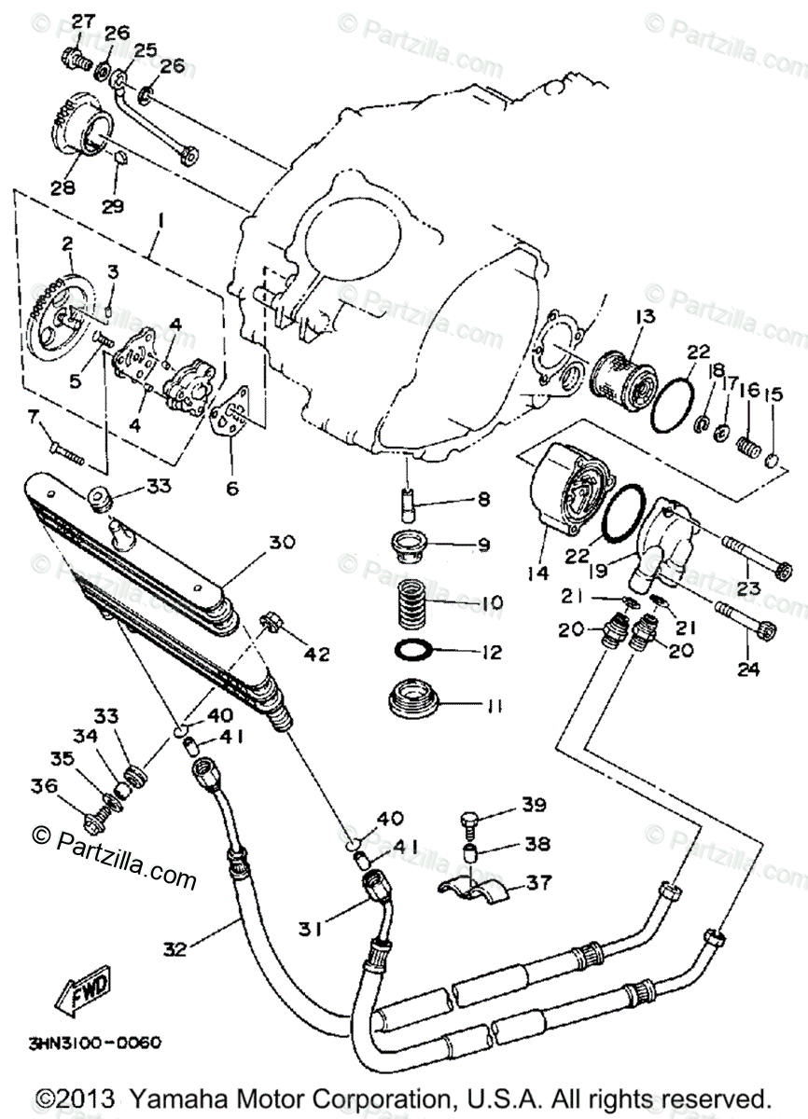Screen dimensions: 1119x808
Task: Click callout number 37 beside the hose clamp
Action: [539, 881]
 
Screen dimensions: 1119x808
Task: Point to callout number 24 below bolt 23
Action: [748, 668]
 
